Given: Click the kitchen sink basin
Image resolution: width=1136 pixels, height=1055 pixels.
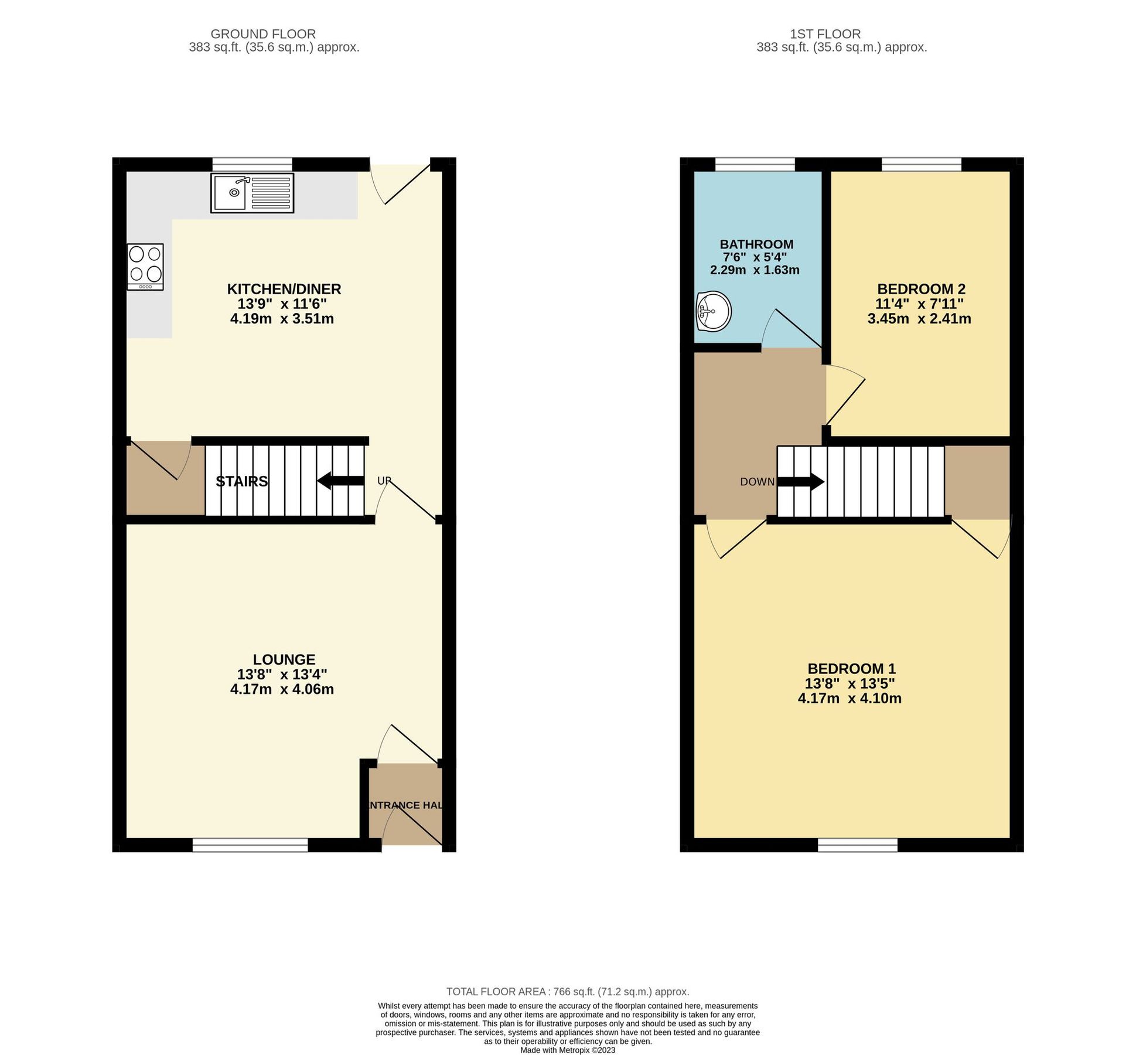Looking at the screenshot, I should (230, 192).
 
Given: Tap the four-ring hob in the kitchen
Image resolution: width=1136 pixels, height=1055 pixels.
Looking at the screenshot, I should (145, 267).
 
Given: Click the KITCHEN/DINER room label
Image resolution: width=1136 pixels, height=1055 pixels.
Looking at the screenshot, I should (284, 289).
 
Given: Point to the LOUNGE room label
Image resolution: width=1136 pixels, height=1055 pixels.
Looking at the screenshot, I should (284, 659).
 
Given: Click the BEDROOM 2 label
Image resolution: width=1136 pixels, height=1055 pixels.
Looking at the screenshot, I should (920, 289).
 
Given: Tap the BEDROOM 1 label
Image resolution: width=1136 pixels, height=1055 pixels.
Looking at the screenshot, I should (851, 669).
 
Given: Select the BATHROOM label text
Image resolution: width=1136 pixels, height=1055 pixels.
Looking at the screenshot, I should (756, 244).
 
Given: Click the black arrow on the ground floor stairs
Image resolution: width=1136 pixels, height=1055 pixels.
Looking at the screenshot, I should (340, 481).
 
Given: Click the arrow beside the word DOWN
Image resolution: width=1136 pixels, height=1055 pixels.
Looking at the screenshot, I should (800, 482).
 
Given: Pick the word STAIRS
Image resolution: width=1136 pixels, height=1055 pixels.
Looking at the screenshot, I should (241, 482).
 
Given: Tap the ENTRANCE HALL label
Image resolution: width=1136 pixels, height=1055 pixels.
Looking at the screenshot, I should (404, 805).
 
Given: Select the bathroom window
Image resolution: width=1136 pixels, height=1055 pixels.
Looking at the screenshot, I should (755, 164).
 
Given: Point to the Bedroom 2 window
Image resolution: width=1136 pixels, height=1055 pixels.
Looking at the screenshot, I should (921, 164).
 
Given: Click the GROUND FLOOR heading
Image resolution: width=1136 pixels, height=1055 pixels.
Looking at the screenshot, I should (263, 34).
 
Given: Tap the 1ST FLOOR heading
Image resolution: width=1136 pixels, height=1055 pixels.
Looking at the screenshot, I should (824, 34).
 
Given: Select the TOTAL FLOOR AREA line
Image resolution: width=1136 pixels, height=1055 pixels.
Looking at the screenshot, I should (567, 992).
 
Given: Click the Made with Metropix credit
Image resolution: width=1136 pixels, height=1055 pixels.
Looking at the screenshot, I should (567, 1050).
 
